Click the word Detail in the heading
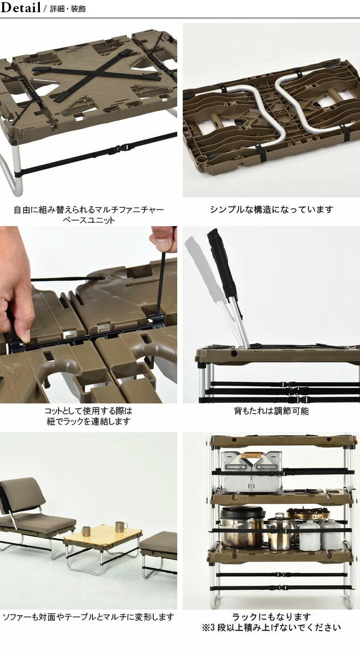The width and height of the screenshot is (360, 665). tap(20, 8)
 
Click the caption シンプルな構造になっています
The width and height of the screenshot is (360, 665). tap(271, 209)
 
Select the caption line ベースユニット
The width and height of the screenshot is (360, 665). tap(89, 220)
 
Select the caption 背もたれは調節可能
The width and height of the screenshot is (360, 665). tap(271, 411)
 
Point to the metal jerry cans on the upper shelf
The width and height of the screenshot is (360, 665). tap(252, 471)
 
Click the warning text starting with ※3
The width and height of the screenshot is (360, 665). tap(271, 628)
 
